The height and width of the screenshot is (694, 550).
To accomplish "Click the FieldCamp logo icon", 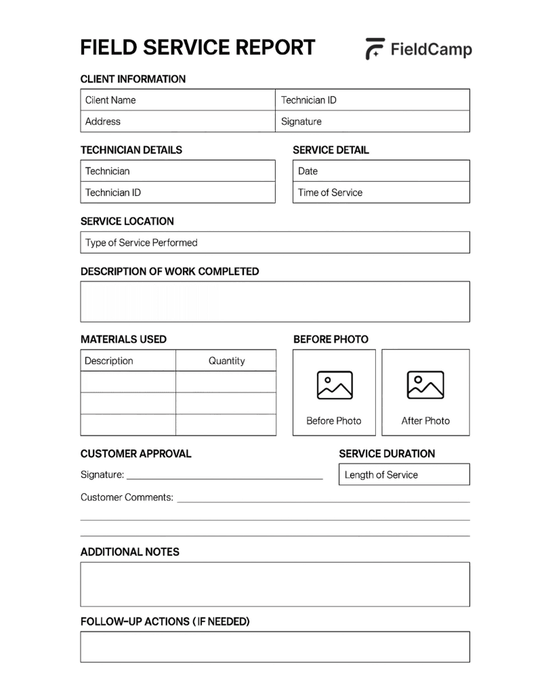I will click(x=375, y=49).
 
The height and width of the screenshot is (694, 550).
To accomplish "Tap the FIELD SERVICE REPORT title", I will click(x=197, y=47).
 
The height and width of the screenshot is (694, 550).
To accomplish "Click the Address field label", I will click(x=103, y=122).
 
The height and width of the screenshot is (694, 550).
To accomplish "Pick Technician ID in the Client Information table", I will click(x=309, y=100).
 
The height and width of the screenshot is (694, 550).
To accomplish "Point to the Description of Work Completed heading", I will click(x=169, y=271).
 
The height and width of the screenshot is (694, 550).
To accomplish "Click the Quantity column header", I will click(x=226, y=361).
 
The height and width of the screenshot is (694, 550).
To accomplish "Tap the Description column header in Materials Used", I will click(x=109, y=361).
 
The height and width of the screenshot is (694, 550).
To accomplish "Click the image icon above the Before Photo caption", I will click(x=335, y=385).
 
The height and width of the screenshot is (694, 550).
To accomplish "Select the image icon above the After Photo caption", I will click(x=425, y=385).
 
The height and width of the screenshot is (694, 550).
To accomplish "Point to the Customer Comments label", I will click(x=127, y=497).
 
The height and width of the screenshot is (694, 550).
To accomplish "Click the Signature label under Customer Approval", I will click(x=102, y=475).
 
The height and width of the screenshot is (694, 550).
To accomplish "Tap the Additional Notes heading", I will click(x=130, y=552).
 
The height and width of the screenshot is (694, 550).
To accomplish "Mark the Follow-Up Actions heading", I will click(x=165, y=621).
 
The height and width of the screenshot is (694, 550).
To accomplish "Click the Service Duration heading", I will click(x=387, y=453).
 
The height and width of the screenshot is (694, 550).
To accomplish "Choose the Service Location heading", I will click(x=127, y=221).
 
